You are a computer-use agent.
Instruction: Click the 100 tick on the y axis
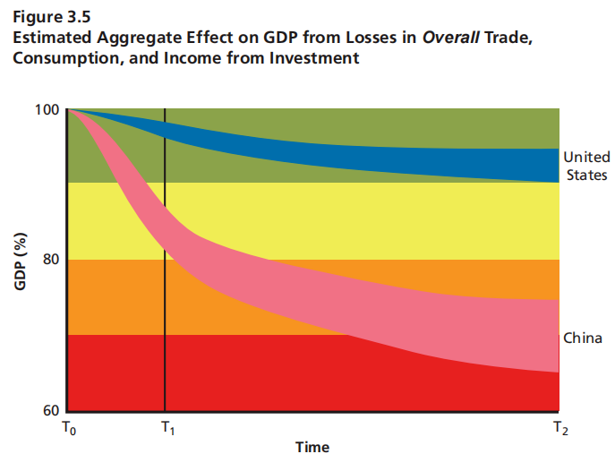[x=49, y=109]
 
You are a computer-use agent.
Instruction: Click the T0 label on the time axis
[x=69, y=430]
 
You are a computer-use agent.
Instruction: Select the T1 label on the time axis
[x=167, y=430]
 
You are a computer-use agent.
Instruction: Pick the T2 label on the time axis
[x=560, y=430]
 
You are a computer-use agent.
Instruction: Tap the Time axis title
[x=312, y=446]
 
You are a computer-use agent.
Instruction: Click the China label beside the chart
[x=583, y=338]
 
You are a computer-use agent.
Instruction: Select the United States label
[x=587, y=167]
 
